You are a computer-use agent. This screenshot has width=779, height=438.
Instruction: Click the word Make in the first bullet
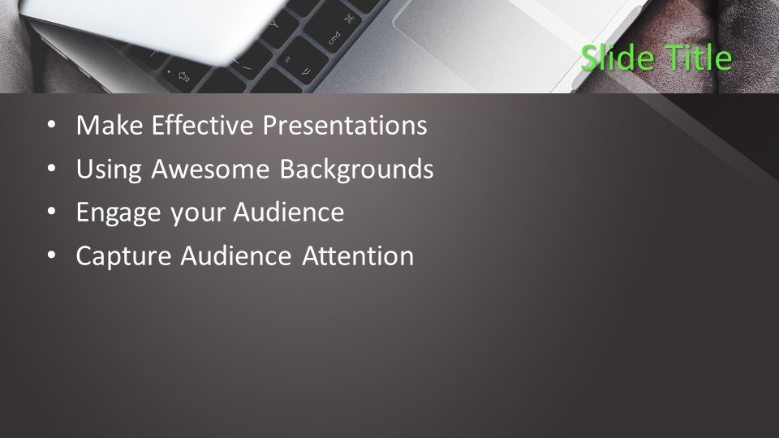[110, 125]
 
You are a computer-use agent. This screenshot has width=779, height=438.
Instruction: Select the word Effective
[203, 125]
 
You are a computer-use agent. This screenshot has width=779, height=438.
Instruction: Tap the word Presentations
[345, 125]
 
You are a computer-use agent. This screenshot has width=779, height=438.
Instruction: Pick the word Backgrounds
[357, 170]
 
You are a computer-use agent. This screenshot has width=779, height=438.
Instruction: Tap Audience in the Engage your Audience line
[289, 213]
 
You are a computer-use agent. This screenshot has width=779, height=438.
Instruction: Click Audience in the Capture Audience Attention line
[235, 256]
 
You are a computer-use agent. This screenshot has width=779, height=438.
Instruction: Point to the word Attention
[358, 256]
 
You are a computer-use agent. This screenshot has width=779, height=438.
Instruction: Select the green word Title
[699, 58]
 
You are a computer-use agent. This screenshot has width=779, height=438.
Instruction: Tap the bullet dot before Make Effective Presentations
[52, 125]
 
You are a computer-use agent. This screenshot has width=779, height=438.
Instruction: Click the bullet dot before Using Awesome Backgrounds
[52, 169]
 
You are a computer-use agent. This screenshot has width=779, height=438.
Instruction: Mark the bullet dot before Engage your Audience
[52, 212]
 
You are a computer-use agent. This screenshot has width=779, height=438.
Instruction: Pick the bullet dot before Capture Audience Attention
[52, 255]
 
